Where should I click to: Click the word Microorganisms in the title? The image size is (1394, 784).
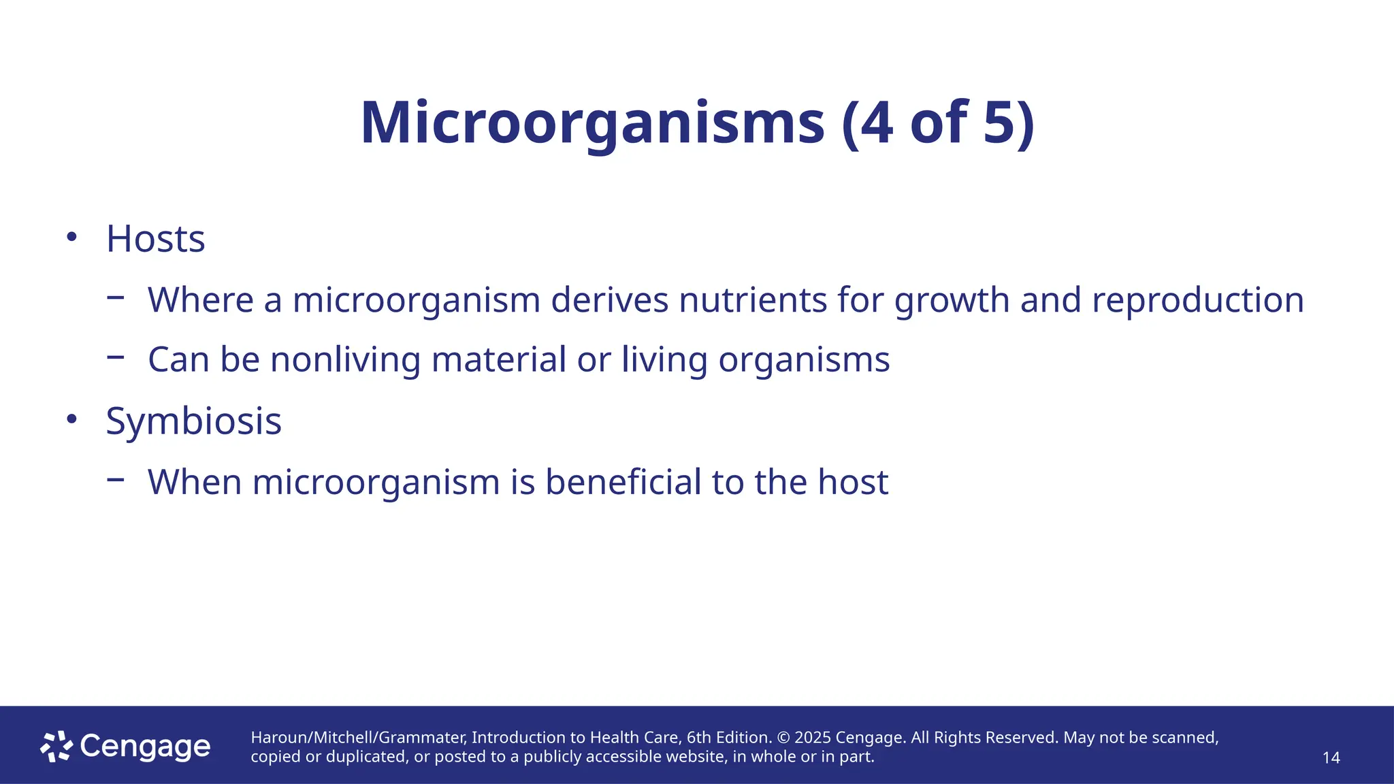[x=592, y=123]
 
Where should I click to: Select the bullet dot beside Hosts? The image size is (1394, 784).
[x=71, y=238]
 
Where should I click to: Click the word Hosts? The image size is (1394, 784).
[x=155, y=239]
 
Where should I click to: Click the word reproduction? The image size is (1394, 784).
[x=1198, y=300]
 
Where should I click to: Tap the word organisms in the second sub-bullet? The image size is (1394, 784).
[x=804, y=361]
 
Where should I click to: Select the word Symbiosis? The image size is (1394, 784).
[x=193, y=421]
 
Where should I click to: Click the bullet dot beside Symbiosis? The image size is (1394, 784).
[x=71, y=419]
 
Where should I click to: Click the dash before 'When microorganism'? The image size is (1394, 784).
[x=116, y=479]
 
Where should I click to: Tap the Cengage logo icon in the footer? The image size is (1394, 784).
[x=56, y=747]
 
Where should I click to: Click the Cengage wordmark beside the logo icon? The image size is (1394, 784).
[x=145, y=747]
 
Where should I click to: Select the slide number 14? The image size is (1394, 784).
[x=1331, y=757]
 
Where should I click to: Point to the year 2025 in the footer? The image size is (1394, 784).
[x=813, y=738]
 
